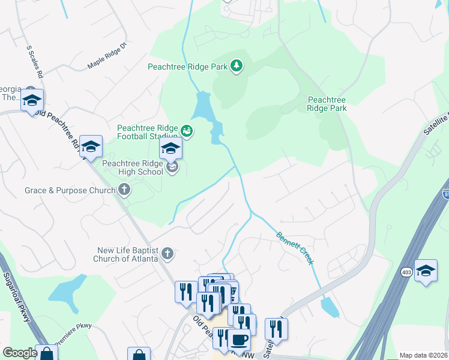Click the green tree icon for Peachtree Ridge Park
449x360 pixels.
[x=237, y=66]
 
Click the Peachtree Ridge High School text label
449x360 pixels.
[x=133, y=167]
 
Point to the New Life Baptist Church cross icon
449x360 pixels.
[x=167, y=254]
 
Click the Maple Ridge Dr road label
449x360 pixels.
[x=108, y=55]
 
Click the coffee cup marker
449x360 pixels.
[x=239, y=338]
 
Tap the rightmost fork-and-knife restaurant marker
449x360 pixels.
[x=276, y=328]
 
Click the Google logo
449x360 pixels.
[x=20, y=353]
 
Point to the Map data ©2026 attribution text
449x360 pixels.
[x=423, y=355]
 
